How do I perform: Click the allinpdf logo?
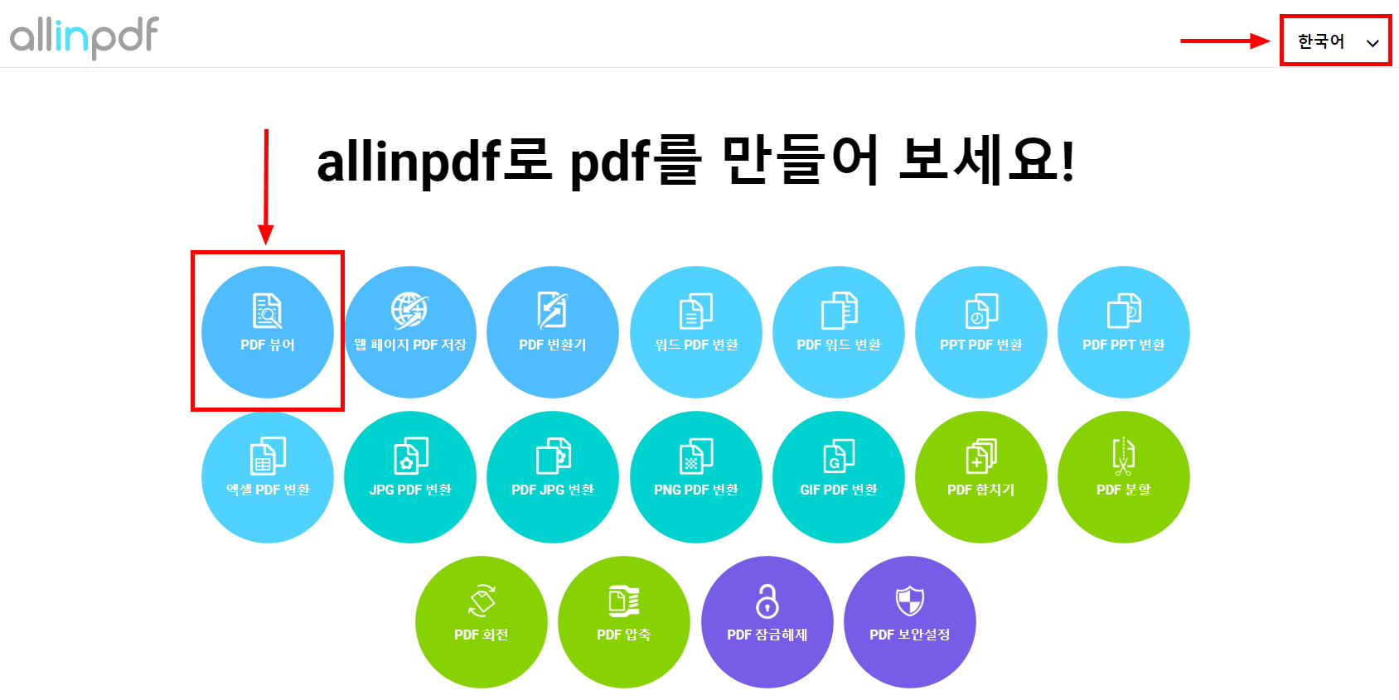point(84,36)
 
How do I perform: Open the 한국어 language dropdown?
point(1335,41)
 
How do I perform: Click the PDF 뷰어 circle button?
point(268,332)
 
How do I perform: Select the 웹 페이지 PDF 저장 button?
point(410,332)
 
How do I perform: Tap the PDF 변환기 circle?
point(553,332)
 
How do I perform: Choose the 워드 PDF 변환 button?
point(696,332)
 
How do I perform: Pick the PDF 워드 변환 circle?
point(839,332)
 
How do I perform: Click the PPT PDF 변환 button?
point(981,332)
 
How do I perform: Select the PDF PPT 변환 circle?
point(1124,332)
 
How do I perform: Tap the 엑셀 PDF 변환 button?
point(268,477)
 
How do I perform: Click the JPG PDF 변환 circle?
point(410,477)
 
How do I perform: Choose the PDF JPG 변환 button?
point(553,477)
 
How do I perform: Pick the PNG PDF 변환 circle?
point(696,477)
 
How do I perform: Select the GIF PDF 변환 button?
point(839,477)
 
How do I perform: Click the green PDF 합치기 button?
point(981,477)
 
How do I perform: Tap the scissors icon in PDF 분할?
point(1123,456)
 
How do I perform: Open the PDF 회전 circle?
point(482,622)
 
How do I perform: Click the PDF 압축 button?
point(624,622)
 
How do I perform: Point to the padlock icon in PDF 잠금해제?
point(767,601)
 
